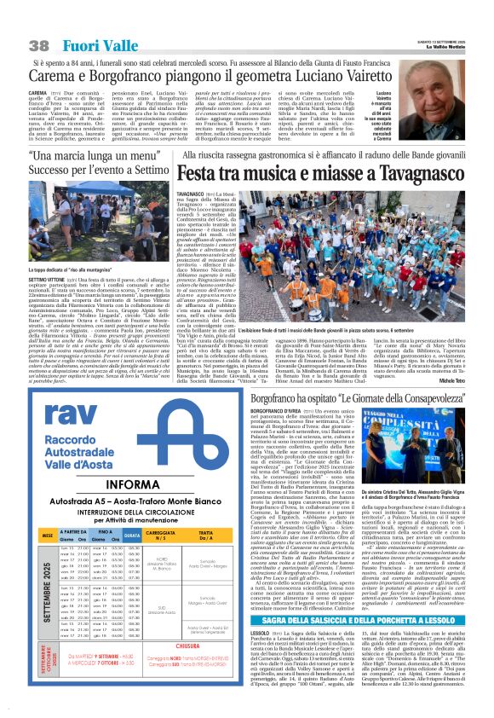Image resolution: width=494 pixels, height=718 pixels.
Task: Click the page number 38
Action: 38,44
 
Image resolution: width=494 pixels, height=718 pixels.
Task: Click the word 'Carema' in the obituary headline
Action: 54,78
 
